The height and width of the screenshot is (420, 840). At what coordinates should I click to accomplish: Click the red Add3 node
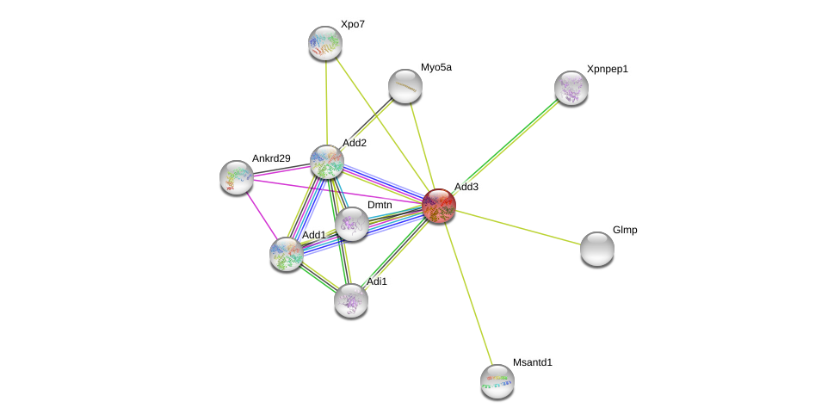439,206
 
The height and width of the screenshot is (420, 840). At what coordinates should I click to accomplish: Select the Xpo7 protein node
325,43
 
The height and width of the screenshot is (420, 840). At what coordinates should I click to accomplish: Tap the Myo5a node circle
405,86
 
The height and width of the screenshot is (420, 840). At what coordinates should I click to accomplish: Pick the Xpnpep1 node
571,88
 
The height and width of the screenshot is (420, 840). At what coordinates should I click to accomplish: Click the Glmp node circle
597,249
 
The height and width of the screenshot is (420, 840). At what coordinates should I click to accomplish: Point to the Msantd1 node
497,381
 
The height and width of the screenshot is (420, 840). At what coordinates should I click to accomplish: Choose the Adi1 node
351,300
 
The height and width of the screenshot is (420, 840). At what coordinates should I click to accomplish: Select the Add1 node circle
287,254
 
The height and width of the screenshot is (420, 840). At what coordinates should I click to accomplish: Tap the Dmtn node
352,224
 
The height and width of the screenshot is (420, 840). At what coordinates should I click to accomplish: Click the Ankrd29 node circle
237,177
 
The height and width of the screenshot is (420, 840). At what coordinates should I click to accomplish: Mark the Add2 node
327,161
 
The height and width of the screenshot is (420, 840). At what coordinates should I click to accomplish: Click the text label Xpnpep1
608,69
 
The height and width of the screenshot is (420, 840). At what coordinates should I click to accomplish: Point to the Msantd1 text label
533,362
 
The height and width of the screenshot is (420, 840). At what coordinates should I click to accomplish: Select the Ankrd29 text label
271,158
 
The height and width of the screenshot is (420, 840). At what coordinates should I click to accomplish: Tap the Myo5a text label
435,67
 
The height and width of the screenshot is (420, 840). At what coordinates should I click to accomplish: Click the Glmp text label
625,230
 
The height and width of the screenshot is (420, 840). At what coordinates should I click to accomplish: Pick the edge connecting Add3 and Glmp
518,227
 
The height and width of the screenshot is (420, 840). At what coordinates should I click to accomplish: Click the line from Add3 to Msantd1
468,293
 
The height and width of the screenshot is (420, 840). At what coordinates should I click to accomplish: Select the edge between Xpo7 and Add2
326,102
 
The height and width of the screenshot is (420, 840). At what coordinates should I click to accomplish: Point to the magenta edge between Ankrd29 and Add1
262,216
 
